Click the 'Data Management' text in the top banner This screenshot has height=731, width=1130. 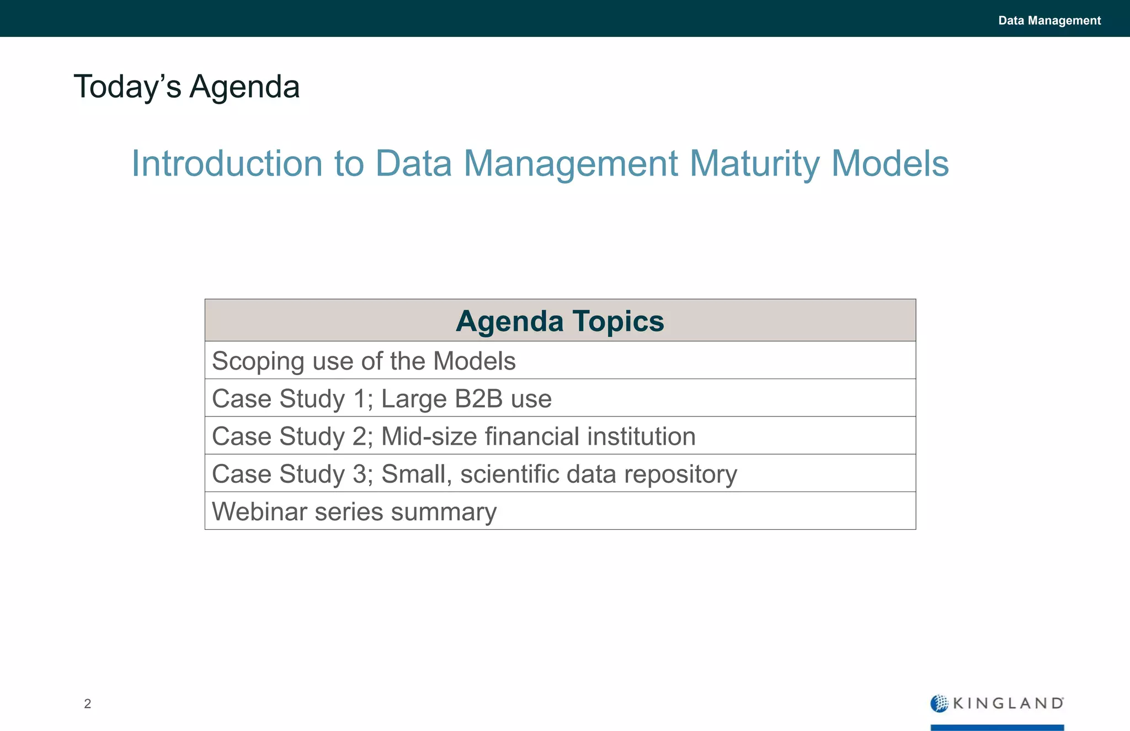(x=1049, y=20)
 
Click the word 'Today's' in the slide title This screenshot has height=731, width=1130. (x=127, y=87)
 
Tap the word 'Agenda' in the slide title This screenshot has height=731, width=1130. (x=244, y=88)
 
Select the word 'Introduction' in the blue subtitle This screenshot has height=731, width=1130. (x=227, y=163)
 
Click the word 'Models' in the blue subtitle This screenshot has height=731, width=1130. (x=889, y=163)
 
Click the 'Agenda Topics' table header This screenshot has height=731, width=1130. (x=559, y=321)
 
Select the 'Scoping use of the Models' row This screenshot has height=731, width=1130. (x=364, y=361)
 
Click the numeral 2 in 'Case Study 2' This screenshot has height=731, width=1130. (x=359, y=436)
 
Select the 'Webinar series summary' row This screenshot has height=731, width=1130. (x=354, y=511)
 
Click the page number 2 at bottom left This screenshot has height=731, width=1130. (x=87, y=703)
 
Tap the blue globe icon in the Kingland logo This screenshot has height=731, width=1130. (x=939, y=703)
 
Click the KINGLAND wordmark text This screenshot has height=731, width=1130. (x=1008, y=703)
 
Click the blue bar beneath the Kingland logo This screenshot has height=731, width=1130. (x=997, y=727)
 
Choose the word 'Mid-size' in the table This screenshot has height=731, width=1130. (x=429, y=436)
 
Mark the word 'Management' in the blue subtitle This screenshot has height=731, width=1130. (x=571, y=164)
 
